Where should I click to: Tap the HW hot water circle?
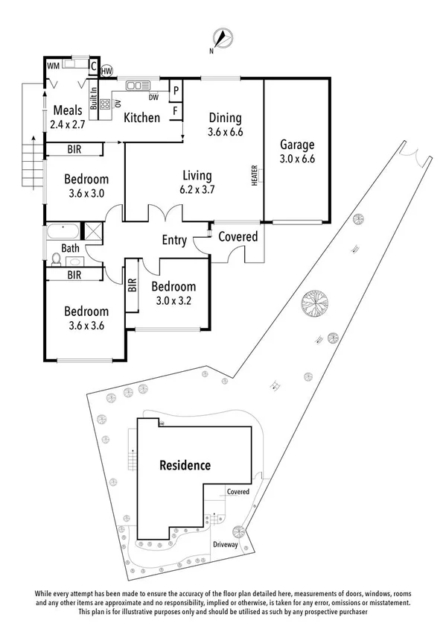(106, 70)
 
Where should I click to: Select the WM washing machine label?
(53, 66)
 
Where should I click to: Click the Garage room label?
(296, 145)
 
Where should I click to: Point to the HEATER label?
(255, 176)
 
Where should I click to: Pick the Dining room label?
(224, 118)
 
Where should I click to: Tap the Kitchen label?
(141, 117)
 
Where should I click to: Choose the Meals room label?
(67, 111)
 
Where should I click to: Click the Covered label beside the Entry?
(238, 237)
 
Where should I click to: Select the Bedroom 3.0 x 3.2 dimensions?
(173, 300)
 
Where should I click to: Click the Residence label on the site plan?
(185, 466)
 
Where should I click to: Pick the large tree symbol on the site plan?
(316, 306)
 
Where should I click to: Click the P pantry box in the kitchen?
(176, 89)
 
